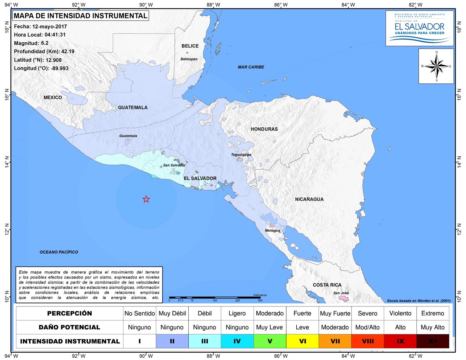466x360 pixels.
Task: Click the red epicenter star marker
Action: click(146, 199)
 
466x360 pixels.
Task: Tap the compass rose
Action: click(436, 66)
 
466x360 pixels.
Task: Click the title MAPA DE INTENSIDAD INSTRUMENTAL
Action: click(80, 16)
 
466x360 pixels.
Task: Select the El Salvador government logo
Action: click(419, 28)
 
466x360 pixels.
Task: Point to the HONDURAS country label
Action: click(264, 129)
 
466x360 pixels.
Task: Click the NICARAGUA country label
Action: click(309, 199)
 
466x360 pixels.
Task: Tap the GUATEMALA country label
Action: click(133, 108)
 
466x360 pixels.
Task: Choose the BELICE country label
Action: click(190, 46)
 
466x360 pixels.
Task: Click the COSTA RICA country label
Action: click(327, 285)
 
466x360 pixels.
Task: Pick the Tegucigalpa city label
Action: click(241, 155)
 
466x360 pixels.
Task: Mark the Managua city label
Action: click(273, 231)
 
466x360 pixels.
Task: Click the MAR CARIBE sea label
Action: click(251, 67)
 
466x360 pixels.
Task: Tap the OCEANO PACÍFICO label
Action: click(59, 252)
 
